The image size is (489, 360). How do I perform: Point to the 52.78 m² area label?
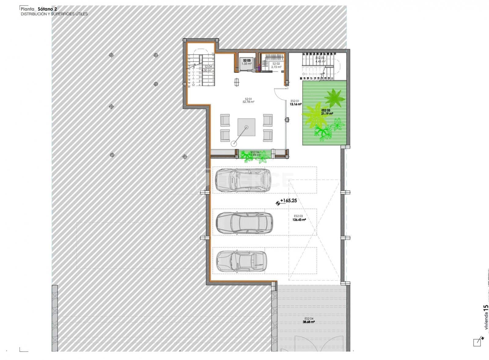pos(248,102)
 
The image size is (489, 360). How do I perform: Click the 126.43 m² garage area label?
pos(300,219)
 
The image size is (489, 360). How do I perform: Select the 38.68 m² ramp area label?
pos(309,322)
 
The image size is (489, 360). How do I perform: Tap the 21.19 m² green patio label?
pos(327,113)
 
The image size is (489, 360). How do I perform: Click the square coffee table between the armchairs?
pos(247,127)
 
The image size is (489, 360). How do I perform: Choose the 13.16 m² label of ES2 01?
pos(296,104)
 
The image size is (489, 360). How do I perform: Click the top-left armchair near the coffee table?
pos(225,120)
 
